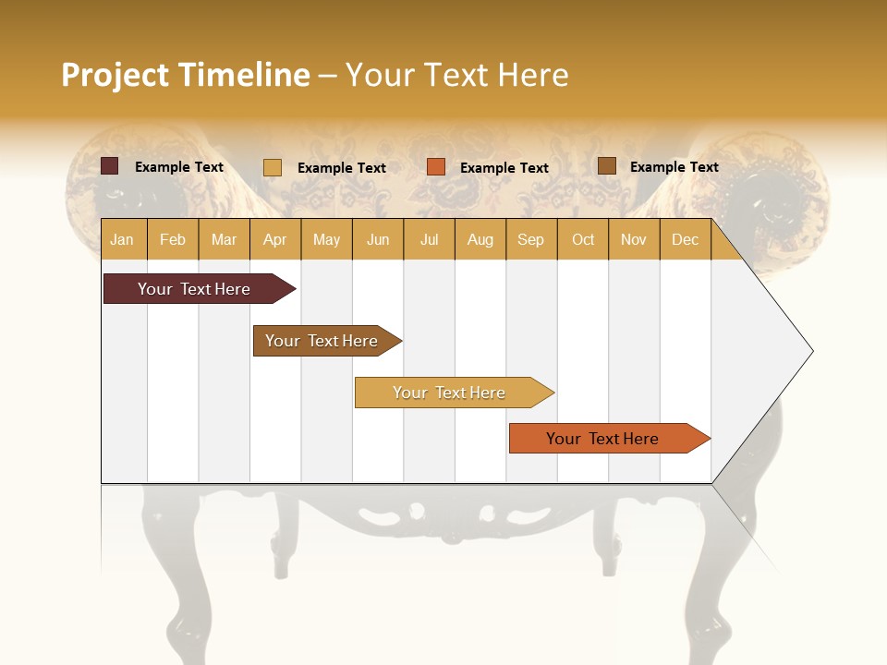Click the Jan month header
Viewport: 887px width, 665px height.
pyautogui.click(x=122, y=240)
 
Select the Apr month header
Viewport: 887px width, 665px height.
pyautogui.click(x=274, y=240)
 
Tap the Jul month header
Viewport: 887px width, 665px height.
pyautogui.click(x=429, y=240)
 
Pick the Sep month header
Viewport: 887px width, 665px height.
pyautogui.click(x=530, y=240)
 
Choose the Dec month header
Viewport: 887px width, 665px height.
pyautogui.click(x=685, y=240)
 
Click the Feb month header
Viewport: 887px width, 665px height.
pyautogui.click(x=173, y=240)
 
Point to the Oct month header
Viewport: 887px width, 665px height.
pyautogui.click(x=583, y=240)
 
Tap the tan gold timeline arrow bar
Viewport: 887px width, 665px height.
pyautogui.click(x=450, y=393)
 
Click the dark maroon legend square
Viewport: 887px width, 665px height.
pyautogui.click(x=110, y=166)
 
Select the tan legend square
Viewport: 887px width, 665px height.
pyautogui.click(x=273, y=167)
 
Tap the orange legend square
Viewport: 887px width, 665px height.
pyautogui.click(x=436, y=167)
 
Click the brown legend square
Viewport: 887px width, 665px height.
pyautogui.click(x=607, y=166)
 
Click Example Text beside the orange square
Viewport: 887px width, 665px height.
pyautogui.click(x=504, y=168)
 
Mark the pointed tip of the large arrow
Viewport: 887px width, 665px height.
pyautogui.click(x=811, y=351)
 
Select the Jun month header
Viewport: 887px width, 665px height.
pyautogui.click(x=378, y=240)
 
